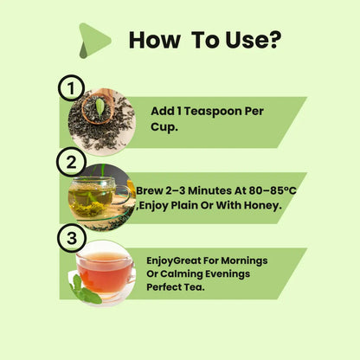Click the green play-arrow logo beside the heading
(x=94, y=41)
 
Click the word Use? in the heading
(x=254, y=40)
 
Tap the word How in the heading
(x=155, y=40)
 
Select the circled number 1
(x=71, y=87)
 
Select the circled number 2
(x=71, y=162)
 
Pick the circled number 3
(x=72, y=238)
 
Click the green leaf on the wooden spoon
(x=100, y=107)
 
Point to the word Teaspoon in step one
(x=213, y=112)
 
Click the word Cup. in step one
(x=164, y=126)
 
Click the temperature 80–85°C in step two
(x=273, y=190)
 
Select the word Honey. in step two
(x=262, y=206)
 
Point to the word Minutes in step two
(x=209, y=190)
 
